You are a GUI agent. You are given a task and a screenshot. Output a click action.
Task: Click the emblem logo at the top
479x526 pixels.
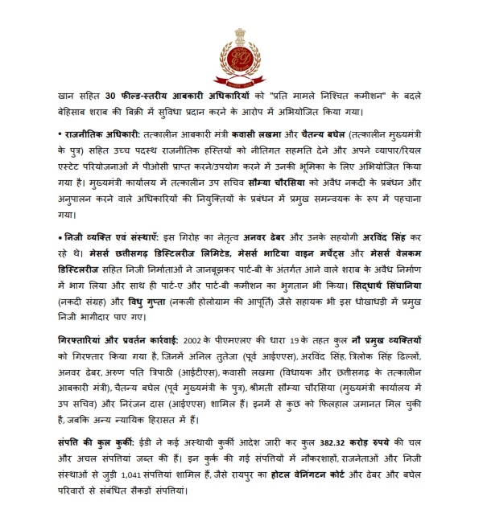(x=239, y=61)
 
